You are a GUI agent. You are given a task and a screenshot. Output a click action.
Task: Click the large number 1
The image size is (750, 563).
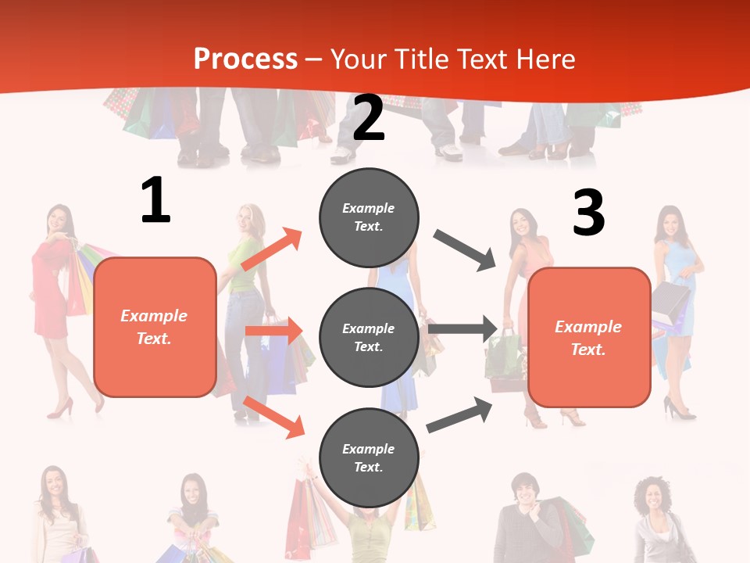coord(155,200)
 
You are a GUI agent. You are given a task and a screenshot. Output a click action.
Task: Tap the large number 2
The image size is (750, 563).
coord(368,118)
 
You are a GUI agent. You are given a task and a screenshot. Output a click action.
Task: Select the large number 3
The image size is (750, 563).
coord(588,213)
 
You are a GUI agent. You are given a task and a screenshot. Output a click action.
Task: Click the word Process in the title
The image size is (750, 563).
coord(245,59)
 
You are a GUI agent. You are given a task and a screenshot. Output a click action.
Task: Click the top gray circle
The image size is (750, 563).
coord(369,217)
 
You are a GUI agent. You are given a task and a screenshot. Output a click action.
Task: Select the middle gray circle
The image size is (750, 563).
coord(369,337)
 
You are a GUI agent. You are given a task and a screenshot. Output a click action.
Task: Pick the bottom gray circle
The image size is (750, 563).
coord(369,457)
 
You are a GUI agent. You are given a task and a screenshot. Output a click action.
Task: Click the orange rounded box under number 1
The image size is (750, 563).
coord(155,327)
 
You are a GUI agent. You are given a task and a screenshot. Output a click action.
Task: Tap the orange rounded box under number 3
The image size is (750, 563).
coord(589,337)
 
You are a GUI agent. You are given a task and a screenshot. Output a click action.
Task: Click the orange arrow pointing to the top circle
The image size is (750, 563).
coord(272,249)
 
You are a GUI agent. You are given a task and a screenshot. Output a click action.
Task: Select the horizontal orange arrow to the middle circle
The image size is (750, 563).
coord(273,331)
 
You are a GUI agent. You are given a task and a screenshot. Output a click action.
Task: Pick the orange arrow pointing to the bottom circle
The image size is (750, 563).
coord(273,417)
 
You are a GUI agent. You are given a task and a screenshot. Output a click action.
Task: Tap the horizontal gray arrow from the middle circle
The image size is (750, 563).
coord(462,329)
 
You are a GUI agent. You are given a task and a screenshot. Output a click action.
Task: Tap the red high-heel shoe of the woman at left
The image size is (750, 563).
coord(61,407)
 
